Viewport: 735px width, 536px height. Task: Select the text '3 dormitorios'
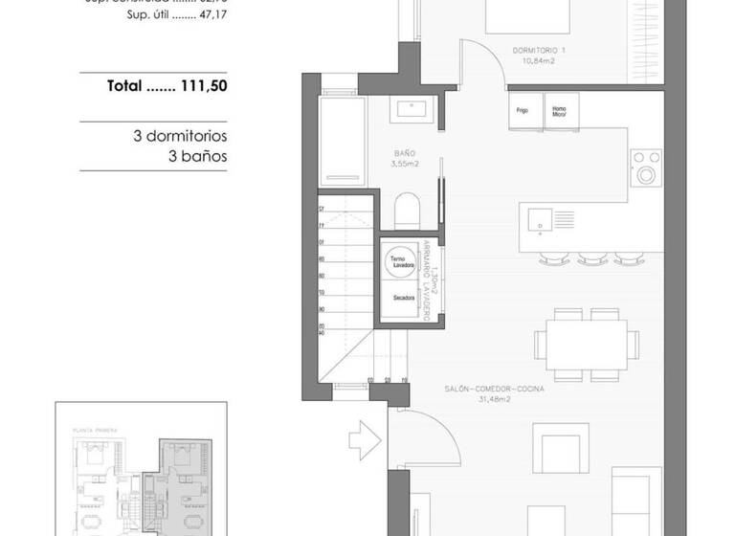tap(180, 136)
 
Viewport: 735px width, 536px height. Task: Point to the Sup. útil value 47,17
tap(212, 16)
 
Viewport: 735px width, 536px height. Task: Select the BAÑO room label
tap(404, 153)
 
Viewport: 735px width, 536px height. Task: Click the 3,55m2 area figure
tap(404, 164)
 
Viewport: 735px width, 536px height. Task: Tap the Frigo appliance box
tap(523, 111)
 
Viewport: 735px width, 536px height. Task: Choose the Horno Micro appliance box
tap(559, 111)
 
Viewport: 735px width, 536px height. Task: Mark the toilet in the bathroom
tap(406, 207)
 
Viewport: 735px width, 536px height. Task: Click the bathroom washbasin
tap(413, 110)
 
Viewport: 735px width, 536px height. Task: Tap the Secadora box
tap(403, 299)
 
